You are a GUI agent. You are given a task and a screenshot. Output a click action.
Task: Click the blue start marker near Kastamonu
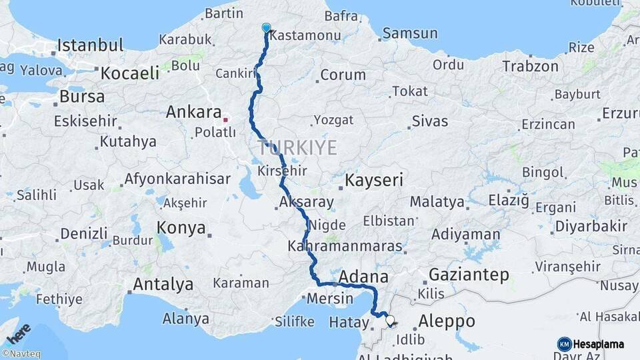pos(267,28)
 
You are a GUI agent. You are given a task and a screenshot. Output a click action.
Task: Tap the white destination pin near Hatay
pos(390,321)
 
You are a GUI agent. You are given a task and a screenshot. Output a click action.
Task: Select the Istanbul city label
pos(90,45)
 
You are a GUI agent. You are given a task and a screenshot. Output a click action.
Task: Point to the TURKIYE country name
pos(297,147)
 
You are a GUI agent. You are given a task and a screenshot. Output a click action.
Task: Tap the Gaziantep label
pos(469,274)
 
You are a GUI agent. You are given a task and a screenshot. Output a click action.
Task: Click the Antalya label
pos(163,285)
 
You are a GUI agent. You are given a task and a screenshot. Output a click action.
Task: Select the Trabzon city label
pos(530,66)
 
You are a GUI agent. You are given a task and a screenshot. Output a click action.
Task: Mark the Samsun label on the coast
pos(409,33)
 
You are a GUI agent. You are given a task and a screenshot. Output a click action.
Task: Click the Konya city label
pos(181,228)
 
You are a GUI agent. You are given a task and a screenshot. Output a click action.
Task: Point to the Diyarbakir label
pos(591,226)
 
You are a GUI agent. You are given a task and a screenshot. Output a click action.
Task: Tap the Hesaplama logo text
pos(599,344)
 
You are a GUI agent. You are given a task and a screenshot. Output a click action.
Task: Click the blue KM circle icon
pos(564,344)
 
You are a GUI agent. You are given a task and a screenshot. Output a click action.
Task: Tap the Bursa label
pos(81,96)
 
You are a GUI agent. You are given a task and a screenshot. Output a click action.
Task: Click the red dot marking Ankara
pos(226,120)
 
